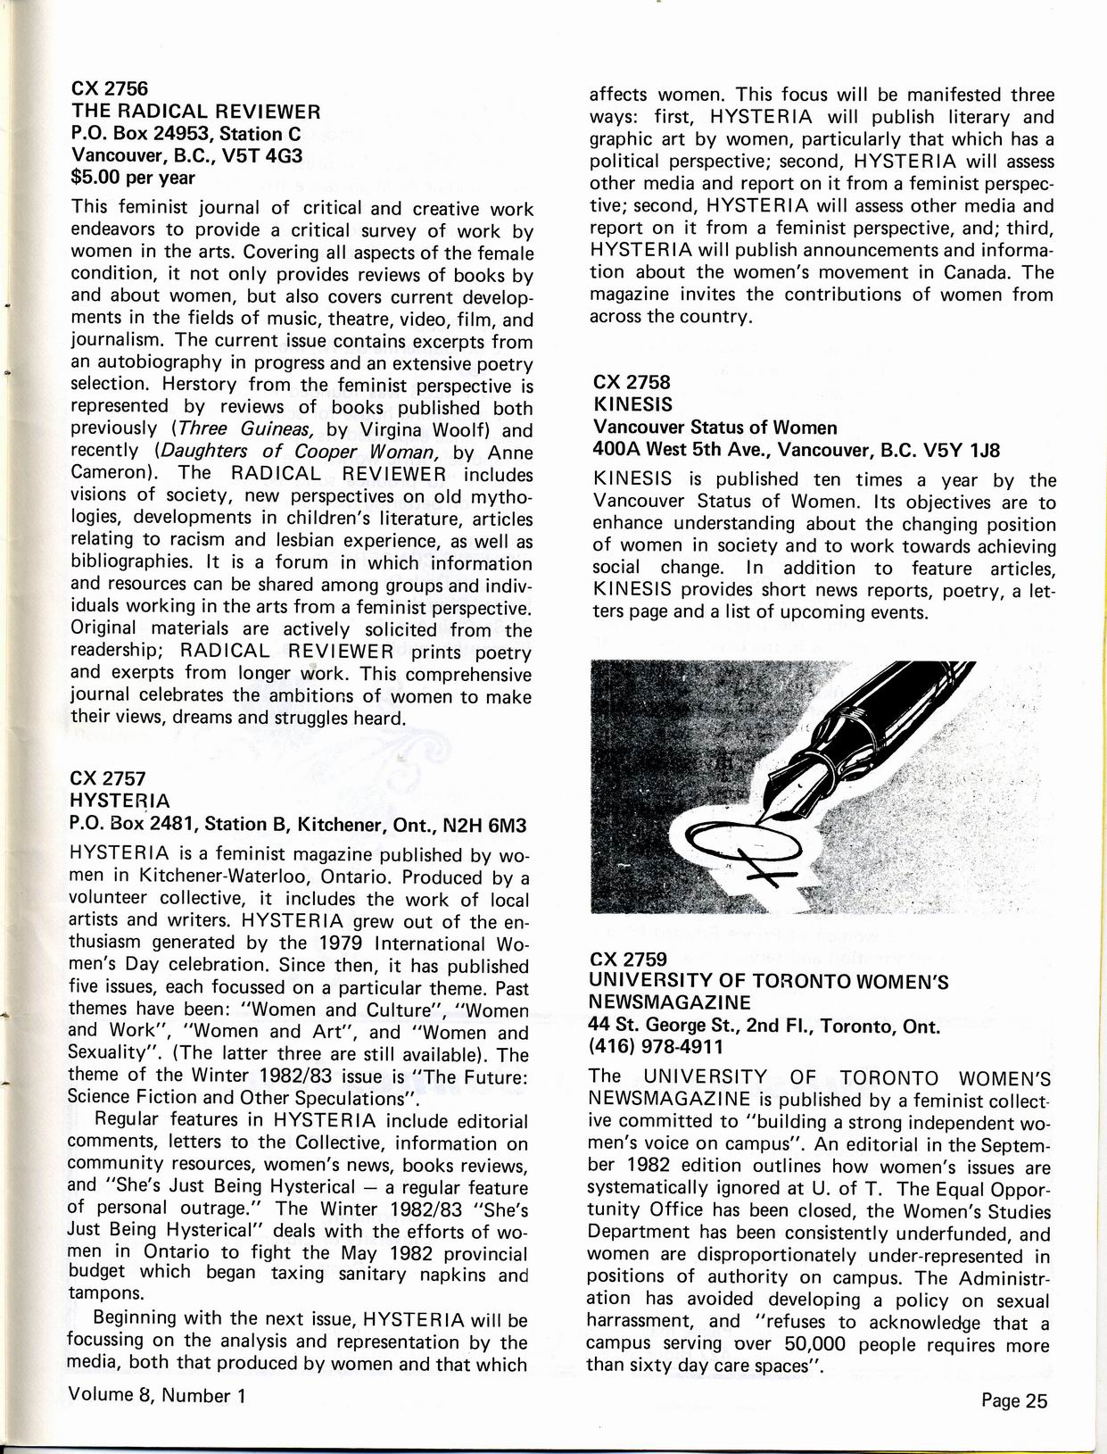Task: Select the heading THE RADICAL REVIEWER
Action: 195,112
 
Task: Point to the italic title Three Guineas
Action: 228,428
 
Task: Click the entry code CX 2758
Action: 631,382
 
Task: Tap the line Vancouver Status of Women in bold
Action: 715,427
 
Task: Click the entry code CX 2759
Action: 629,960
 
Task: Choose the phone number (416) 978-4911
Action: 656,1045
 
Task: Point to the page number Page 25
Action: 1013,1400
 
